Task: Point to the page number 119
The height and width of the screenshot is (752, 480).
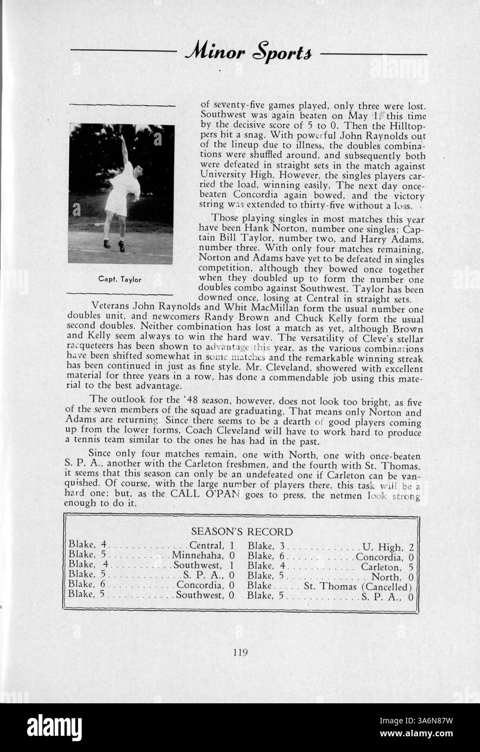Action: click(240, 652)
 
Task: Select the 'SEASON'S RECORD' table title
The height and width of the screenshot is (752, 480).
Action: click(242, 531)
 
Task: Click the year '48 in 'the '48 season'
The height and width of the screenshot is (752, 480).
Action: click(175, 399)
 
